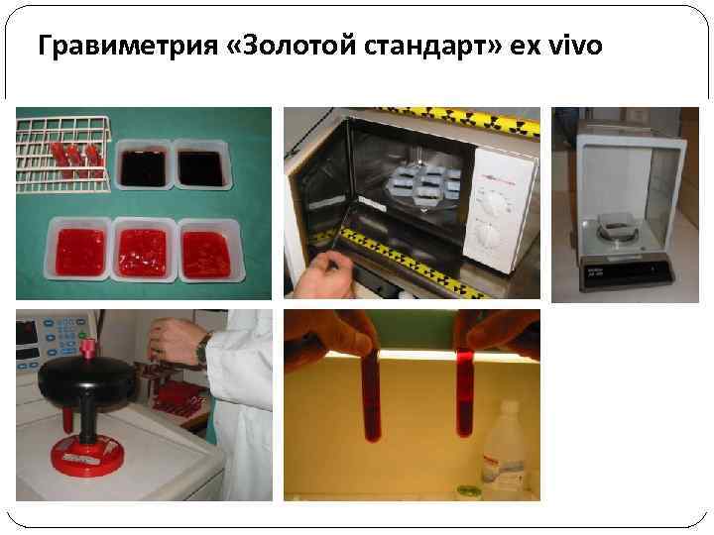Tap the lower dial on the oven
point(487,236)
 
